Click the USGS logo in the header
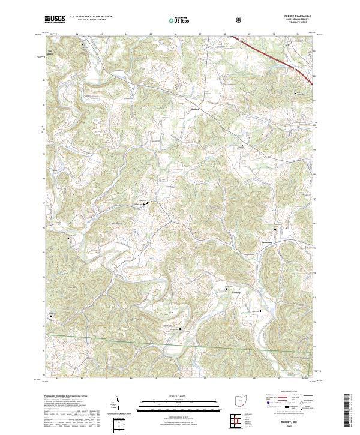[55, 19]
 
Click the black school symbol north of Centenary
[275, 230]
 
